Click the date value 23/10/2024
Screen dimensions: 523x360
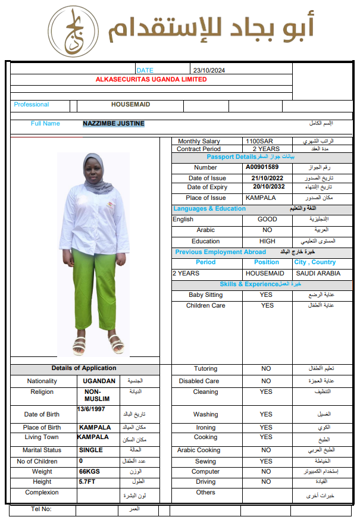208,70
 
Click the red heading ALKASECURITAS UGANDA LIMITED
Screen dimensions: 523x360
151,79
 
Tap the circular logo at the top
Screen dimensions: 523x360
74,32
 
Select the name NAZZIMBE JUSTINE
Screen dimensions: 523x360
114,124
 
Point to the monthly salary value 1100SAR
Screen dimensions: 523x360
259,142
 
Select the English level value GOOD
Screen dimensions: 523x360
267,219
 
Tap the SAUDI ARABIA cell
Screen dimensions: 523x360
318,273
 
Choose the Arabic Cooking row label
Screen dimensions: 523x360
199,450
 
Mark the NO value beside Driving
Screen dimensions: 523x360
266,481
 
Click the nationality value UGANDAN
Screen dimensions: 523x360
99,381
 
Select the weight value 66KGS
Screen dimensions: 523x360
90,471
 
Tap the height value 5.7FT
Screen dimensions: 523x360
87,481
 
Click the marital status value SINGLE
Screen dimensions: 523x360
91,450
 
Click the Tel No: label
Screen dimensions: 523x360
41,509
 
